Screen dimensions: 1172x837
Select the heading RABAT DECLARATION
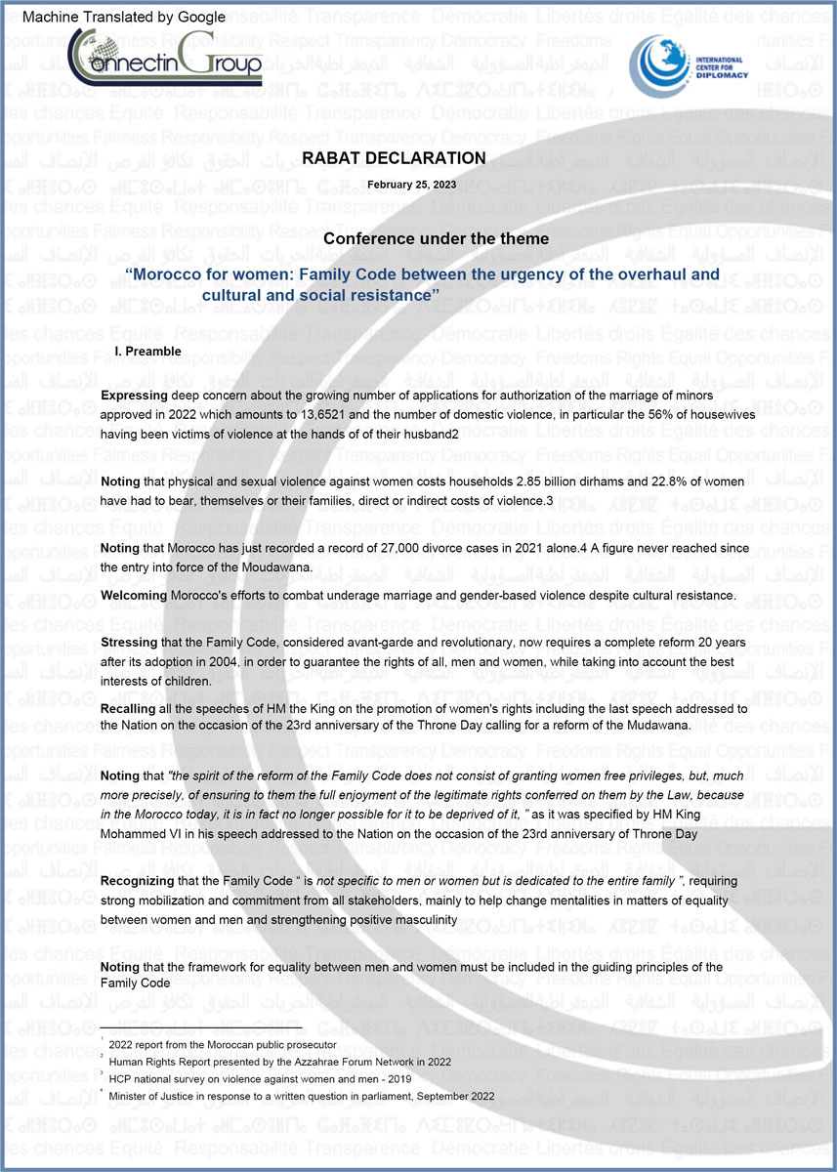click(394, 158)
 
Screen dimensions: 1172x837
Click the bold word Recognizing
click(140, 881)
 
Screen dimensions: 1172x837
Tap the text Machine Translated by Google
click(123, 17)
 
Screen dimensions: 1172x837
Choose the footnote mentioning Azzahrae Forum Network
click(279, 1062)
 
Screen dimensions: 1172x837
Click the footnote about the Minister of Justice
click(302, 1096)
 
